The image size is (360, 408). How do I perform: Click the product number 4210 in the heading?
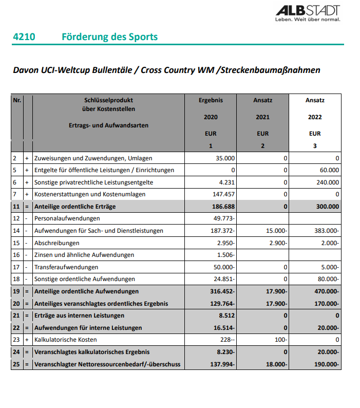[24, 37]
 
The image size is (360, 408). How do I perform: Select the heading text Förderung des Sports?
[109, 37]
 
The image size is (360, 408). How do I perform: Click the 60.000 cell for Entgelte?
[329, 170]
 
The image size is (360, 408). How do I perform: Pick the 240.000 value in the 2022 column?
[327, 182]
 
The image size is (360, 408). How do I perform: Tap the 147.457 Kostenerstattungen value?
[223, 194]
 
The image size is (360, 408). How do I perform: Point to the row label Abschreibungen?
[56, 243]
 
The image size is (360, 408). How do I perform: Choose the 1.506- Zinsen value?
[226, 255]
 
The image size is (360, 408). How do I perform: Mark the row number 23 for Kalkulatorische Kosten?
[16, 340]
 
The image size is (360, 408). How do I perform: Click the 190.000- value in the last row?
[327, 364]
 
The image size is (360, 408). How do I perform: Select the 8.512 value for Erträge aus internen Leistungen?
[227, 316]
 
